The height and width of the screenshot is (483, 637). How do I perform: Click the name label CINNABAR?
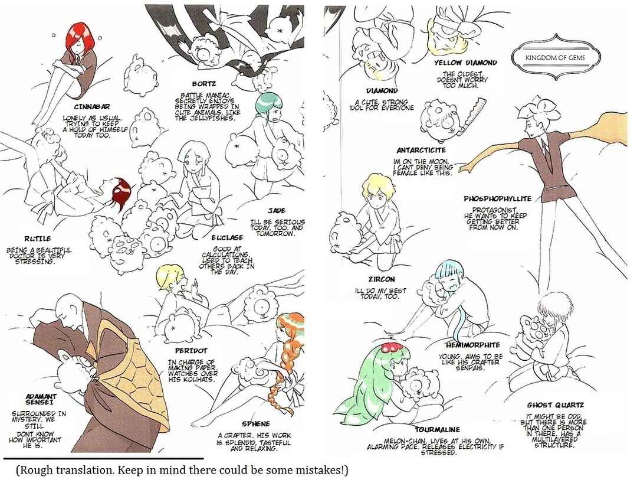point(92,106)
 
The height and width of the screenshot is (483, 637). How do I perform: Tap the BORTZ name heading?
point(204,84)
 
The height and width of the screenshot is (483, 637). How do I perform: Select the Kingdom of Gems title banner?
point(555,57)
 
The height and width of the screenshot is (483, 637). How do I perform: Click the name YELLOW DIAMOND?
point(465,63)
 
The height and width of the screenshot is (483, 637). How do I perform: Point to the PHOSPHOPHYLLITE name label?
point(498,199)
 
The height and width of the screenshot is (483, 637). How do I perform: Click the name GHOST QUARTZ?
point(556,405)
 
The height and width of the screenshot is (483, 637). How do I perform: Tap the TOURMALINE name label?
point(437,430)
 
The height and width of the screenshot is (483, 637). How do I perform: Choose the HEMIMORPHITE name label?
point(472,345)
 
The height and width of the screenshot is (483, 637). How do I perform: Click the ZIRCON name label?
point(382,279)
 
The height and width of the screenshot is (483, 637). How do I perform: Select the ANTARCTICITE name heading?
point(421,151)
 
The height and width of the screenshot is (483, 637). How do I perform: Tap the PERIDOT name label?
point(191,351)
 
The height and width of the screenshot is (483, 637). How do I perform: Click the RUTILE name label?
point(37,239)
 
